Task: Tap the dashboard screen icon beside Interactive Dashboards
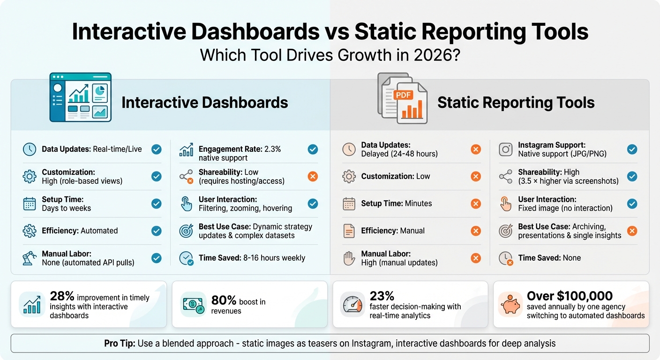pyautogui.click(x=81, y=97)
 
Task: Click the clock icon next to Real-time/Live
pyautogui.click(x=30, y=150)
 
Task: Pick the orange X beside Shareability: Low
pyautogui.click(x=313, y=177)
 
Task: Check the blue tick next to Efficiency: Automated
pyautogui.click(x=157, y=231)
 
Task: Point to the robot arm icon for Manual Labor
pyautogui.click(x=30, y=258)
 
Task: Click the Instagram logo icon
pyautogui.click(x=506, y=150)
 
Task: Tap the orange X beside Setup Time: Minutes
pyautogui.click(x=476, y=204)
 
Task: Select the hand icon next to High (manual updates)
pyautogui.click(x=349, y=258)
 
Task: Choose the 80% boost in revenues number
pyautogui.click(x=224, y=300)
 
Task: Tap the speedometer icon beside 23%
pyautogui.click(x=352, y=304)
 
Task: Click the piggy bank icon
pyautogui.click(x=509, y=304)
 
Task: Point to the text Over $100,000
pyautogui.click(x=570, y=296)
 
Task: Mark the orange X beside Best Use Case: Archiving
pyautogui.click(x=632, y=231)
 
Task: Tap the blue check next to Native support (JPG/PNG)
pyautogui.click(x=632, y=150)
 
